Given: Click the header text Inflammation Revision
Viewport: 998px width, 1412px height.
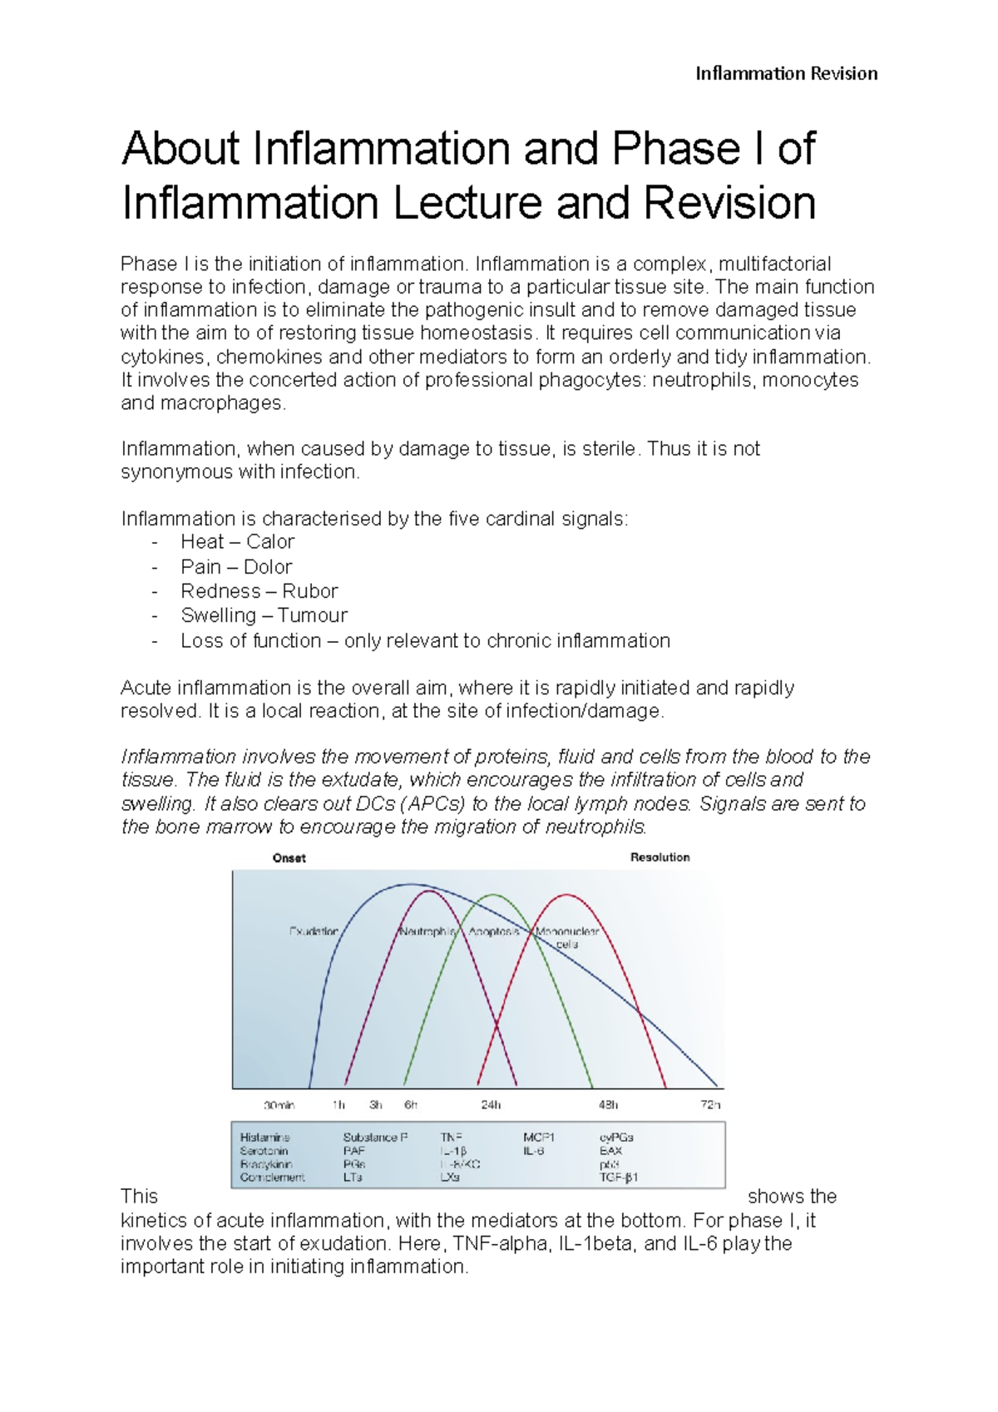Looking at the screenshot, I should (x=786, y=74).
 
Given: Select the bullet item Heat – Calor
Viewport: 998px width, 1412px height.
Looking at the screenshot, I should (x=237, y=542).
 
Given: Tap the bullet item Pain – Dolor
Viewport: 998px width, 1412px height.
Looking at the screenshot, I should (x=236, y=567).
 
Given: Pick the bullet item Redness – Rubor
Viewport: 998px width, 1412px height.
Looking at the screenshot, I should (x=259, y=591).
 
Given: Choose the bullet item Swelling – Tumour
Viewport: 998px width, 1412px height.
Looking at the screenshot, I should (x=264, y=615).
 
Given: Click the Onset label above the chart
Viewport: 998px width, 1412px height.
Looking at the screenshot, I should (x=289, y=858).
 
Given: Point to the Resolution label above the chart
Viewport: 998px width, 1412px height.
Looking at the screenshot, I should (x=660, y=857).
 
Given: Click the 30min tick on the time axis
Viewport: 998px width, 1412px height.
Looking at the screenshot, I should (x=279, y=1105).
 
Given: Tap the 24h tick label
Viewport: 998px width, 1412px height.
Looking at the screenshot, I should (x=491, y=1105).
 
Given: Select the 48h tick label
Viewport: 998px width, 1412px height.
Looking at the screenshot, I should (x=608, y=1105).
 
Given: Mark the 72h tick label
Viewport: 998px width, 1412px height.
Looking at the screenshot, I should (x=710, y=1105).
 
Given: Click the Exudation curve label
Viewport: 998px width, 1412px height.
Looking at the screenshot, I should (x=314, y=931).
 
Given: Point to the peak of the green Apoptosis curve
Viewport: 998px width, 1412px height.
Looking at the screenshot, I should (x=494, y=896).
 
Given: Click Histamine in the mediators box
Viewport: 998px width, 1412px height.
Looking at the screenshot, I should (x=265, y=1138).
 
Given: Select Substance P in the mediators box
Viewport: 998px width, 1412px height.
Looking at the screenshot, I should (x=375, y=1138).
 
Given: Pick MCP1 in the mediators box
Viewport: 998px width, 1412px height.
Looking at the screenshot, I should (x=539, y=1138).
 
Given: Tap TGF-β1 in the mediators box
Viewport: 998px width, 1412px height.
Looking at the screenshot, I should (x=619, y=1177).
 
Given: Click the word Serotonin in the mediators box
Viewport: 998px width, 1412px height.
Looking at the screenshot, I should (x=264, y=1151).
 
